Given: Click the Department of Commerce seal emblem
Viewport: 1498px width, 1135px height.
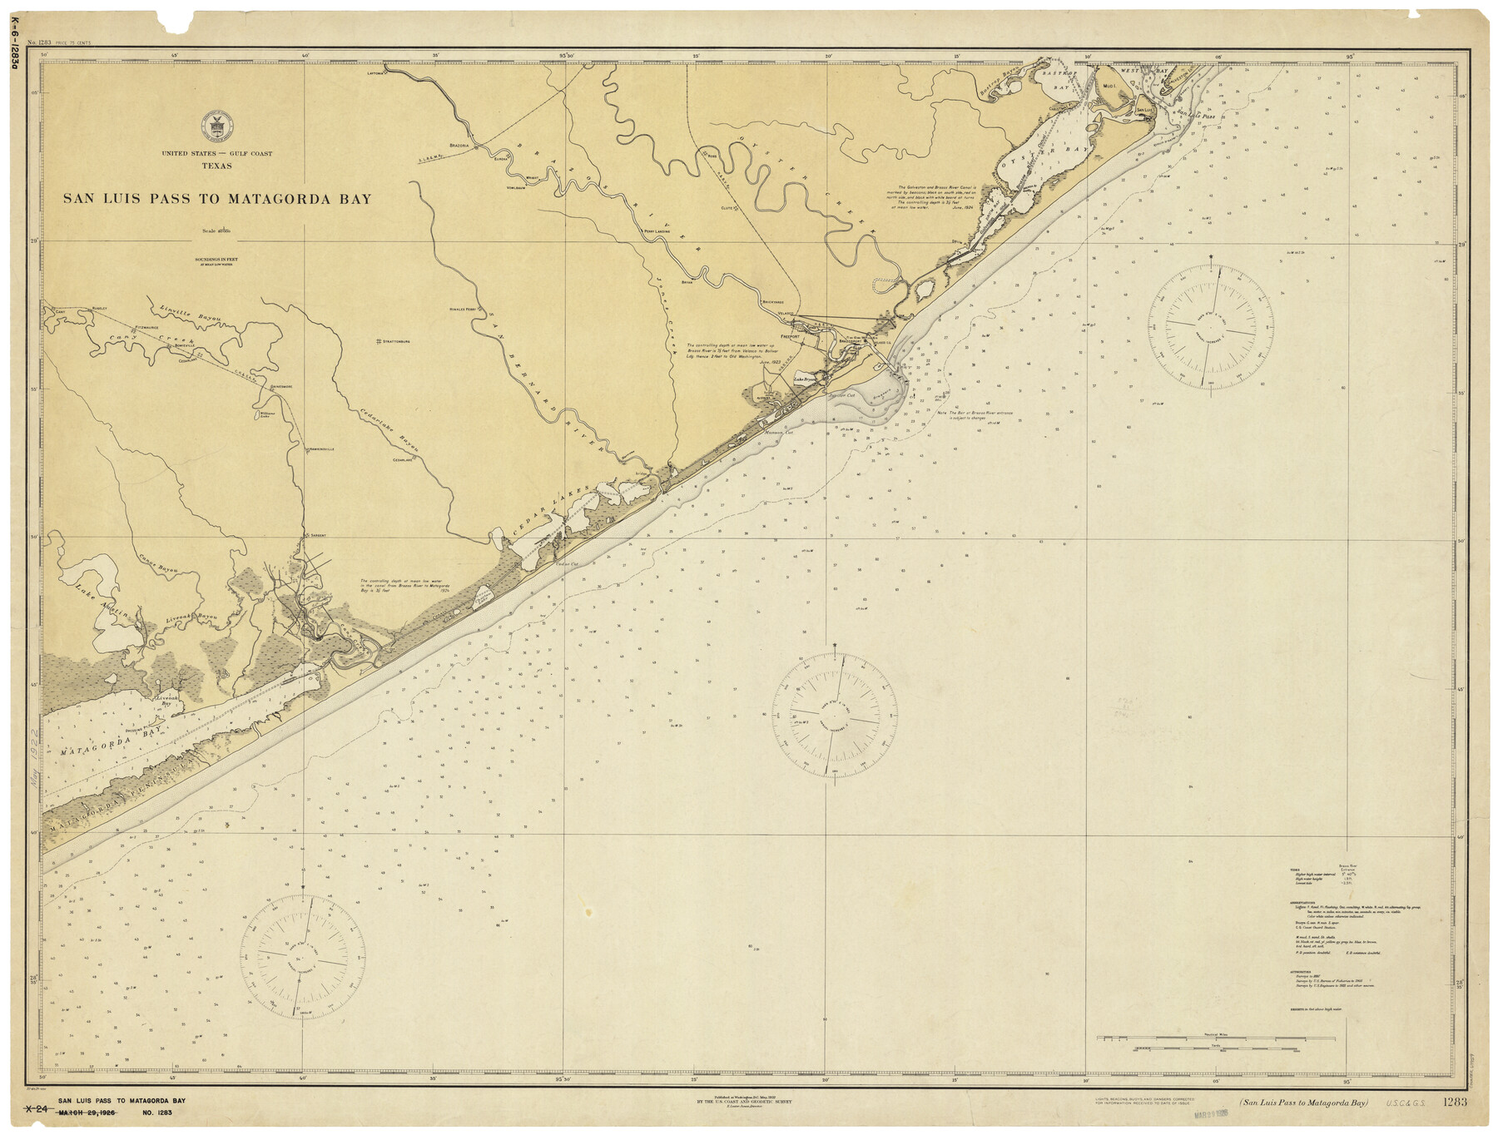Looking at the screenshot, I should tap(217, 126).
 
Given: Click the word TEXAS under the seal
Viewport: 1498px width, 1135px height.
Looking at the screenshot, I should tap(216, 166).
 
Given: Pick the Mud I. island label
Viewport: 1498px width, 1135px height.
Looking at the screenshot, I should tap(1109, 86).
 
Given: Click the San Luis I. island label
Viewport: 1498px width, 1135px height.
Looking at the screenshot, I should tap(1144, 109).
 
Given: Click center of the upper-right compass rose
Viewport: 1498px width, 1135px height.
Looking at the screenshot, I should tap(1211, 326).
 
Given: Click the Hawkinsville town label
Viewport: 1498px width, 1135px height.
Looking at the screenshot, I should tap(320, 449).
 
